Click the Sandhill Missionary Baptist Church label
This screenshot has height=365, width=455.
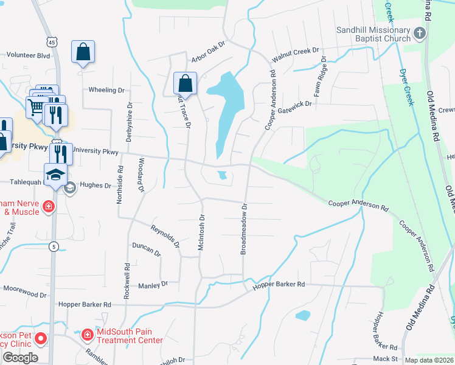click(373, 34)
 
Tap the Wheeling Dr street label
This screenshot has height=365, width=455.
click(106, 90)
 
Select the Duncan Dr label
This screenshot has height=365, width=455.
click(145, 249)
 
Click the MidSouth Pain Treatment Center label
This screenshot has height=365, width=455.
click(130, 336)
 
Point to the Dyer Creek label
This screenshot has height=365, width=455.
click(406, 86)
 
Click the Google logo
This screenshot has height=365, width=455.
click(20, 358)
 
